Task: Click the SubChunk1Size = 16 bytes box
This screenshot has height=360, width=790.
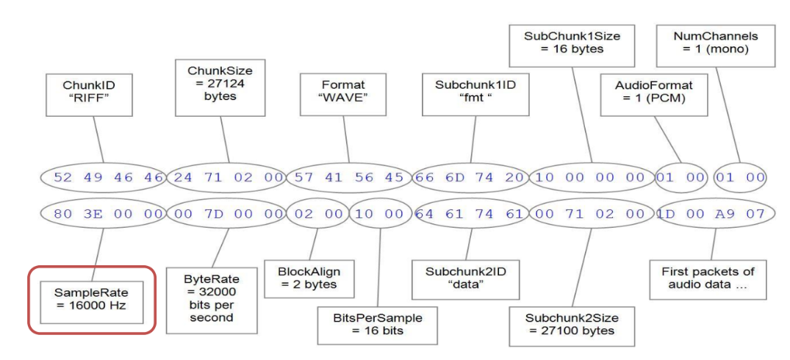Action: pyautogui.click(x=564, y=42)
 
